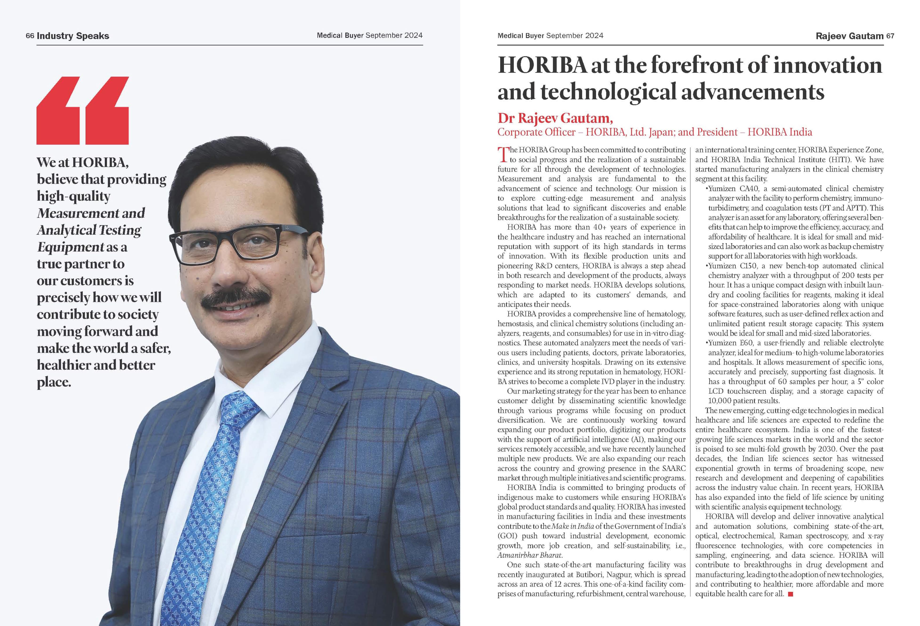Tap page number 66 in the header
30,36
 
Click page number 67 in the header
890,36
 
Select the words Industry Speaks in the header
73,36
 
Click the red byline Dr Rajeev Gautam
555,118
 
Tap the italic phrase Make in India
572,526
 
